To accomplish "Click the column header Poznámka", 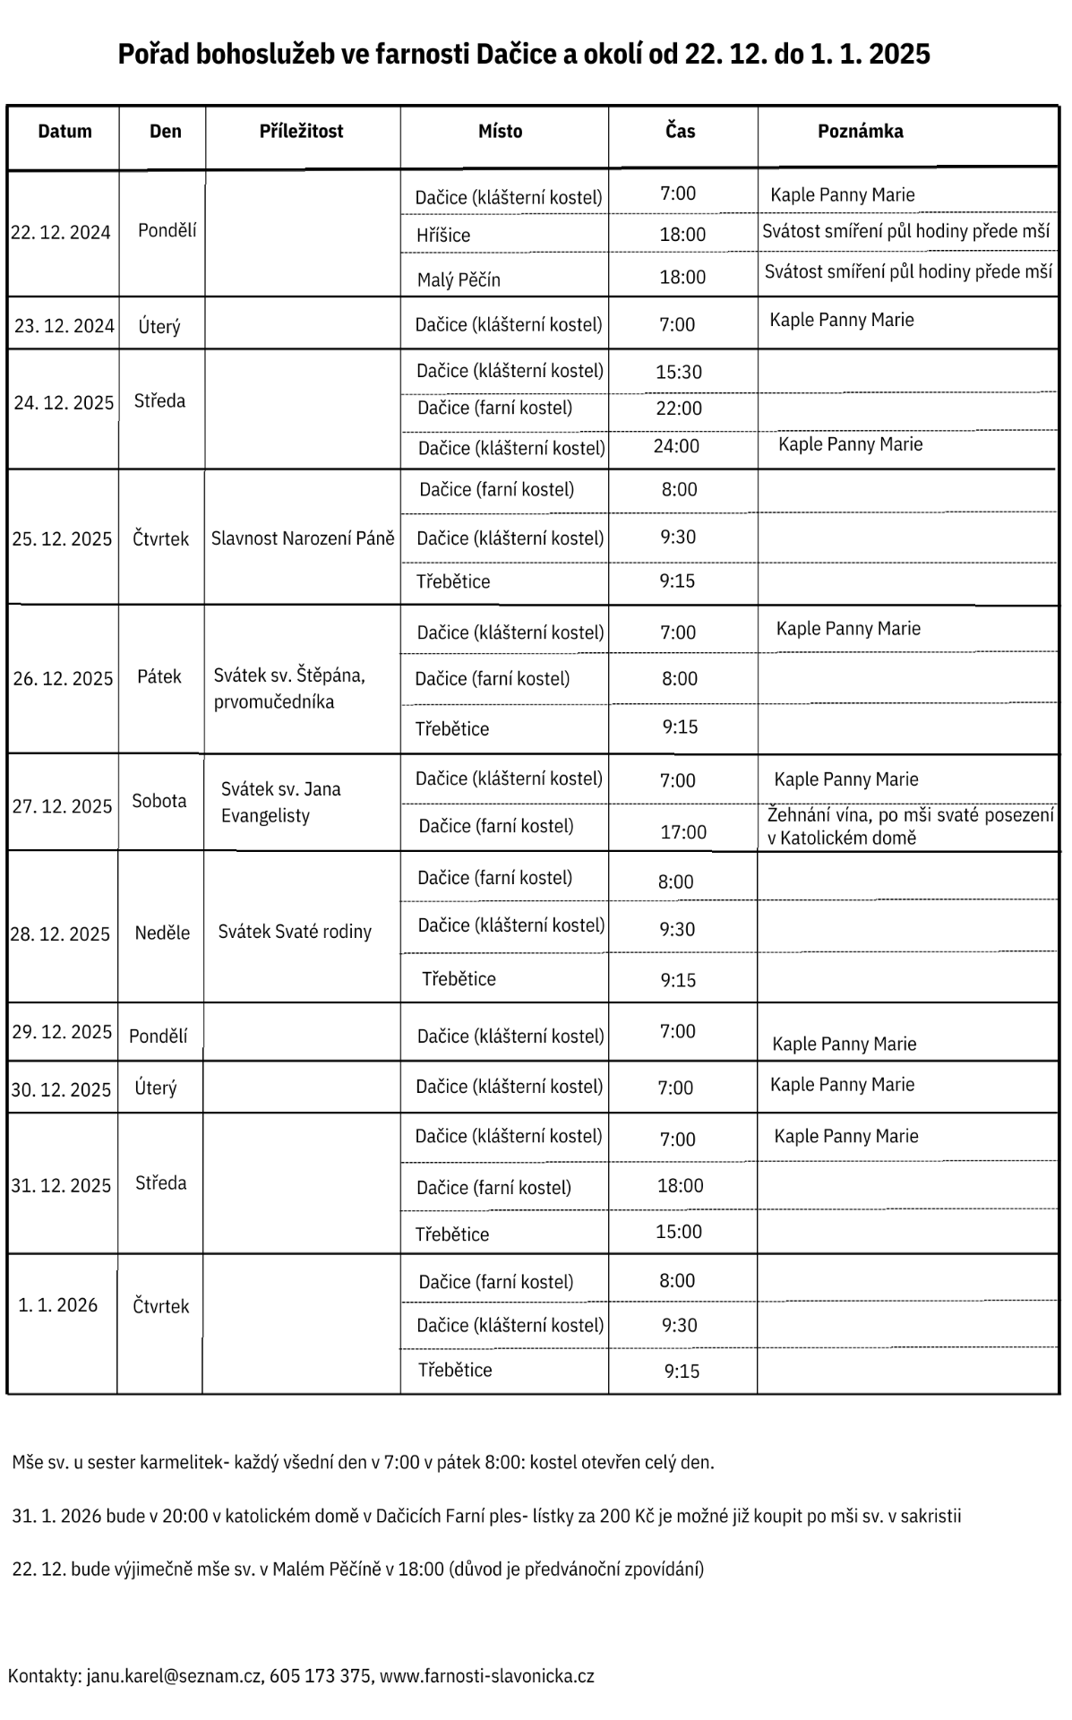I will point(860,132).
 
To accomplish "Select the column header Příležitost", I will point(301,132).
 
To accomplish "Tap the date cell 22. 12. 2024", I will point(61,233).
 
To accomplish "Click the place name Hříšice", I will point(443,236).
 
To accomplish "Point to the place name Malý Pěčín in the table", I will point(459,279).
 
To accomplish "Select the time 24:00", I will point(676,446).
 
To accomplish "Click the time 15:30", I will point(679,373).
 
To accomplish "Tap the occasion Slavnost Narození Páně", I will point(303,538).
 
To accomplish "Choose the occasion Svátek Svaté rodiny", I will point(295,932).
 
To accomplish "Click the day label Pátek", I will point(159,676).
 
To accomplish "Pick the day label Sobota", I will point(159,801).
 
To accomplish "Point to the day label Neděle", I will point(162,933).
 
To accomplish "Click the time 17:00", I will point(683,832).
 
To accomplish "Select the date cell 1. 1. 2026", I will point(58,1304).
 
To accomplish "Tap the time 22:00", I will point(679,409).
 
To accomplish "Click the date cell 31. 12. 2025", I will point(61,1185).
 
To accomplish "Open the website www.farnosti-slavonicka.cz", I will point(487,1676).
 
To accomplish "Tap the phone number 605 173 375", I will point(320,1676).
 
